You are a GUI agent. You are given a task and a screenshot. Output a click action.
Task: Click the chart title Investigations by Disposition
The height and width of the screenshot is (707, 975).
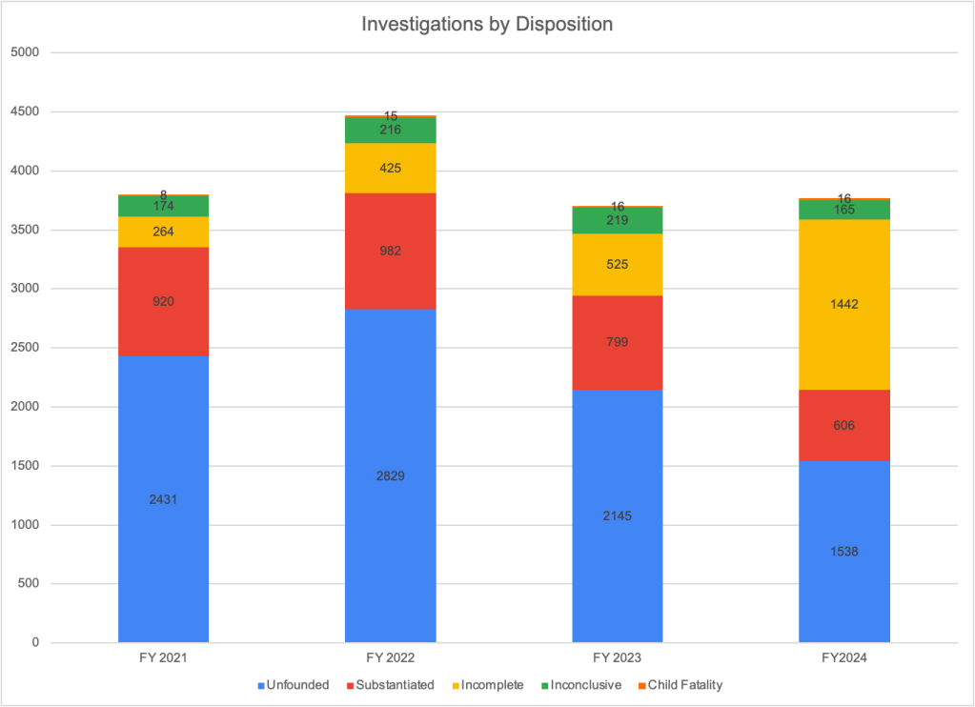[x=487, y=24]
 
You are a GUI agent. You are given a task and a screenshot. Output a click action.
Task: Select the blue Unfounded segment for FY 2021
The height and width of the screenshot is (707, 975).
[x=163, y=534]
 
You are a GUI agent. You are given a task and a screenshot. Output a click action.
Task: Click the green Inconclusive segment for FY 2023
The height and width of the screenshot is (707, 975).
[x=617, y=221]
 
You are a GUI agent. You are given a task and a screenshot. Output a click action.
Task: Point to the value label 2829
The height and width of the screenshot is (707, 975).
[x=390, y=475]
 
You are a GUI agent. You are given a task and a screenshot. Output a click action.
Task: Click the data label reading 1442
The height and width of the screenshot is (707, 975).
[x=844, y=305]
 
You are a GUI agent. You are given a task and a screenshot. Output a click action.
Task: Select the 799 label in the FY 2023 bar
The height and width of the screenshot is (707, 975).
[x=617, y=341]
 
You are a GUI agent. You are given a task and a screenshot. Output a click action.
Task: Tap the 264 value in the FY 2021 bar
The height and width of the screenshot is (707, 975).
[x=163, y=232]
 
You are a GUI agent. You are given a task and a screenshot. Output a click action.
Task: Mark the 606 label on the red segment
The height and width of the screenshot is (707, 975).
[x=844, y=425]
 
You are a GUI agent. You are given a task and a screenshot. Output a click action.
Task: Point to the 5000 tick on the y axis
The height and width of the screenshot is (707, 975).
[x=34, y=52]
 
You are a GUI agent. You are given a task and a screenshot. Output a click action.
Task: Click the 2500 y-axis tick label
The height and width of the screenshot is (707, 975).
[x=34, y=348]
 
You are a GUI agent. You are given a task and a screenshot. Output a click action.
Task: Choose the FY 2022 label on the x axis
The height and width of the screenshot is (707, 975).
[x=390, y=658]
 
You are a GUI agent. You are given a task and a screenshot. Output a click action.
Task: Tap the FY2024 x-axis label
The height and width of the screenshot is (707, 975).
[x=844, y=658]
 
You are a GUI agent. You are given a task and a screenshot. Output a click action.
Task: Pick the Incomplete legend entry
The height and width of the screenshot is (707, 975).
[x=492, y=685]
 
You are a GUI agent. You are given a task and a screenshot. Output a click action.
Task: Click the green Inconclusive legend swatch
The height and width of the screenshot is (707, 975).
[x=543, y=685]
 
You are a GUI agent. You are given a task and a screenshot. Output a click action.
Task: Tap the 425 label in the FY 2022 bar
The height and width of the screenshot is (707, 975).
[x=390, y=169]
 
